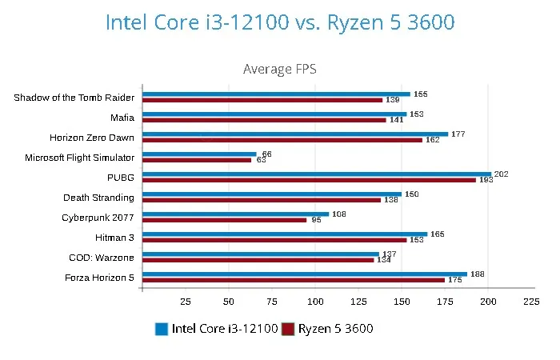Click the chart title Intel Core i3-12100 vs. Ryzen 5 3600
(x=280, y=22)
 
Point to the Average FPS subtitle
(x=280, y=69)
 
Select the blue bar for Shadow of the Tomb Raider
(x=276, y=94)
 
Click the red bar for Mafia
(x=264, y=120)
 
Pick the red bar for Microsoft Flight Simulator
(x=197, y=160)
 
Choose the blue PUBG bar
(x=316, y=174)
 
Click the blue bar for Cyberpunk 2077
(x=235, y=214)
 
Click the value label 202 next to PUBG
(x=502, y=174)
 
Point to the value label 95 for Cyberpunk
(x=317, y=220)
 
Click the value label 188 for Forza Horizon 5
(x=478, y=274)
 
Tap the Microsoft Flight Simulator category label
(x=80, y=158)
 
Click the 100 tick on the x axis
(x=315, y=302)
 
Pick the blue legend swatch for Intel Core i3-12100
(x=162, y=329)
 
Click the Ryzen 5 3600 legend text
(x=336, y=329)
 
